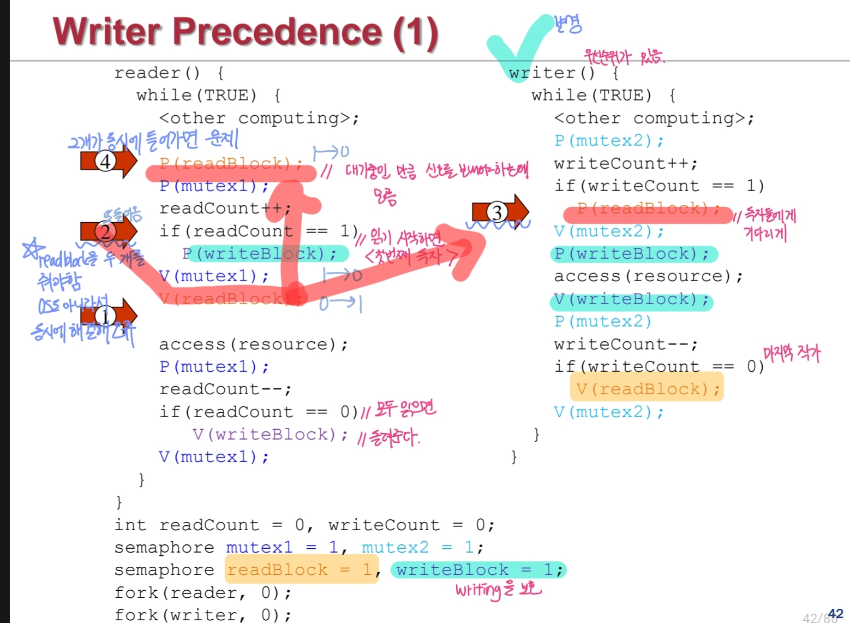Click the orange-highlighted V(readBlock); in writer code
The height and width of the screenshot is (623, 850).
pos(647,388)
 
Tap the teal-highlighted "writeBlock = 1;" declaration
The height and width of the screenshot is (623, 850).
pos(478,570)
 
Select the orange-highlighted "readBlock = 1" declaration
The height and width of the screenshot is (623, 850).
pos(301,570)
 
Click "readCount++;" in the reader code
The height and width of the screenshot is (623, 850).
pos(225,208)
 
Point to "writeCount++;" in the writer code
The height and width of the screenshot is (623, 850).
pos(625,163)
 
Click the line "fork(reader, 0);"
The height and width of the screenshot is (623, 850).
pos(202,592)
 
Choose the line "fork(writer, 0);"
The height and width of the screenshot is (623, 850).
pos(202,615)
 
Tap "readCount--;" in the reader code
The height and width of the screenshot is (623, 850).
pos(225,389)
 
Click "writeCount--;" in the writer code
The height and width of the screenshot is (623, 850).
pos(625,344)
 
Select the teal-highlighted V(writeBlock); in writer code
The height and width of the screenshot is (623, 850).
pos(631,299)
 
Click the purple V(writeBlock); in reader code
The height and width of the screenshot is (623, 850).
pos(270,434)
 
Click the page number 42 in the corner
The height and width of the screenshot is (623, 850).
pos(835,614)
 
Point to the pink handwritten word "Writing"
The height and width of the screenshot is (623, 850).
pos(478,590)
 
